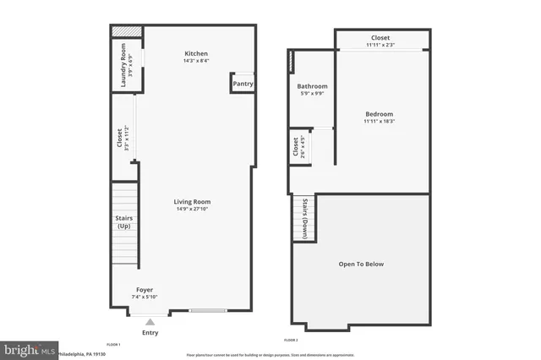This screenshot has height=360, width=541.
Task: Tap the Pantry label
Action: click(243, 84)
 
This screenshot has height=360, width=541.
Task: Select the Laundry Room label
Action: click(122, 63)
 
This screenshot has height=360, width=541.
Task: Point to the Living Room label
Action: click(192, 202)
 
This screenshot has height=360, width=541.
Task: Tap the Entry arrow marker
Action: click(150, 321)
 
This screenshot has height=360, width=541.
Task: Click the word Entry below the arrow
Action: click(150, 333)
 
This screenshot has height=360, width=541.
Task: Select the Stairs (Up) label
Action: click(123, 222)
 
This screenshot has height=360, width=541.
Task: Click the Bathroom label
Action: click(312, 86)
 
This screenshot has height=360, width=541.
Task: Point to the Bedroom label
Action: click(379, 114)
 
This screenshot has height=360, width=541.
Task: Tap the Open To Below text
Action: click(361, 264)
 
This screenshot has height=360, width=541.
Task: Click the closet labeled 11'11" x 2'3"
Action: click(380, 38)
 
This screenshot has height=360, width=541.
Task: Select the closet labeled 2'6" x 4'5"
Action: click(296, 147)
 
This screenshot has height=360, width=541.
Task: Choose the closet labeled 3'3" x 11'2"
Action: click(120, 138)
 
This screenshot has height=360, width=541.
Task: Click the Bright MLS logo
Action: click(29, 349)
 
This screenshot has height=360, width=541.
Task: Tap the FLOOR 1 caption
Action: click(113, 344)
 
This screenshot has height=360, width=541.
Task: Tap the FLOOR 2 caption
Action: click(292, 339)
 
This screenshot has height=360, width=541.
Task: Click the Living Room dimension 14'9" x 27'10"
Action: click(192, 209)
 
